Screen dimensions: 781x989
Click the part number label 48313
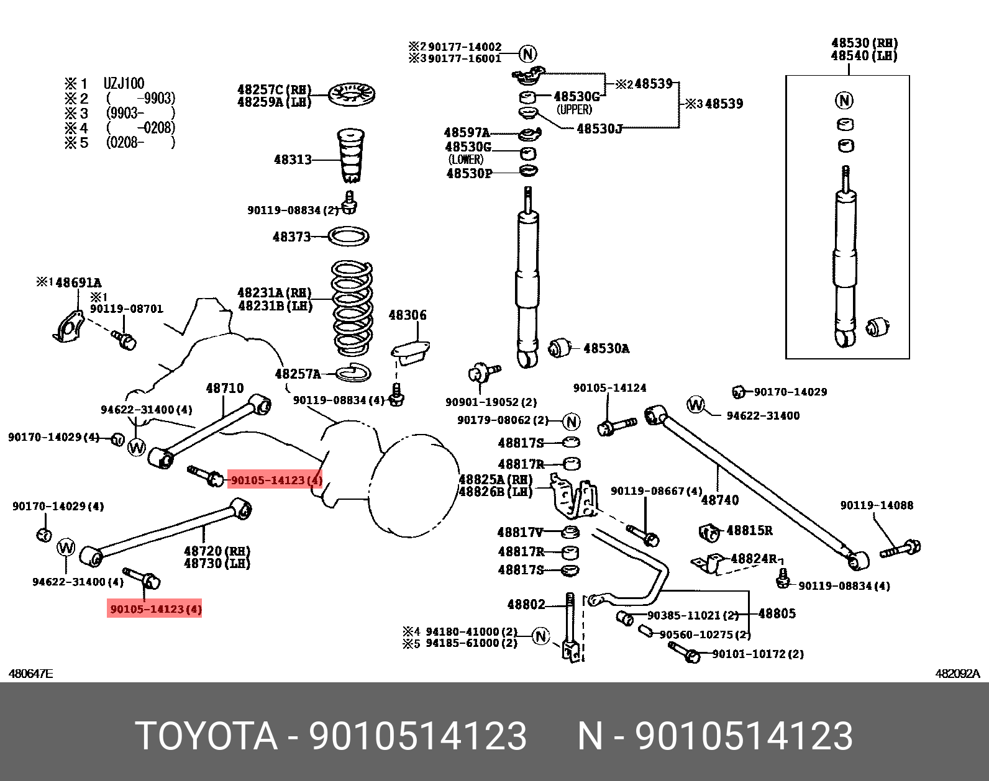click(x=292, y=160)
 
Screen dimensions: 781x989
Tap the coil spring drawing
click(x=352, y=308)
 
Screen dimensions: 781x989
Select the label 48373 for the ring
click(x=291, y=237)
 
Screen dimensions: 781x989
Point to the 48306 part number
click(x=408, y=315)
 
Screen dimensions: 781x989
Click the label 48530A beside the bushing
click(x=606, y=349)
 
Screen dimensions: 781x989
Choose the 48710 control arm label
click(x=225, y=389)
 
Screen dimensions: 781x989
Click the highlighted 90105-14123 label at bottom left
click(x=155, y=609)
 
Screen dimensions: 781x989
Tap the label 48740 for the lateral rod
click(x=720, y=500)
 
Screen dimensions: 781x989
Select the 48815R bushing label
click(x=749, y=531)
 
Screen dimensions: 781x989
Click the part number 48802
click(x=526, y=605)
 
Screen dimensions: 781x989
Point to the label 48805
click(x=777, y=613)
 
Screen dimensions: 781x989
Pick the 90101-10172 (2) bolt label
click(x=757, y=654)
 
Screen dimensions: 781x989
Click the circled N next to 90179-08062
click(x=572, y=422)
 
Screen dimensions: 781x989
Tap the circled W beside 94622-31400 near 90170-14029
click(x=696, y=405)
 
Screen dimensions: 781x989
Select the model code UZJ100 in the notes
click(x=124, y=84)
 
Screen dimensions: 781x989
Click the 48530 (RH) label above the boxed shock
click(x=864, y=43)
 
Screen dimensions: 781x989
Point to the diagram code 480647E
click(x=30, y=674)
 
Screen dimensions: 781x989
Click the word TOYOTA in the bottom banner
click(x=206, y=736)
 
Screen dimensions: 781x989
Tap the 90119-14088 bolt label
click(x=877, y=505)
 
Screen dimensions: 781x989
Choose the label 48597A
click(x=467, y=133)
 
